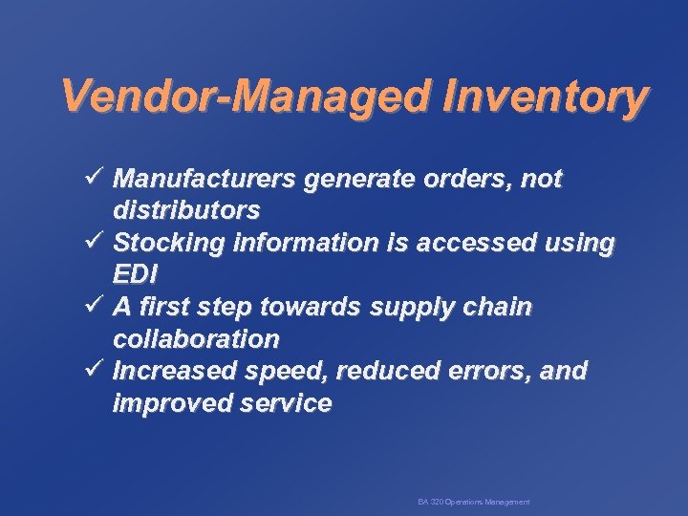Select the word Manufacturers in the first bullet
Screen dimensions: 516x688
(x=202, y=179)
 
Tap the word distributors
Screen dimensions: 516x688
(x=186, y=209)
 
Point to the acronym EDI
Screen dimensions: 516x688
(x=135, y=274)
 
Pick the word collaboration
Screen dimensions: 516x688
(x=196, y=339)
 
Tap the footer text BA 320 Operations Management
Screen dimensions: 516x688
(x=473, y=502)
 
